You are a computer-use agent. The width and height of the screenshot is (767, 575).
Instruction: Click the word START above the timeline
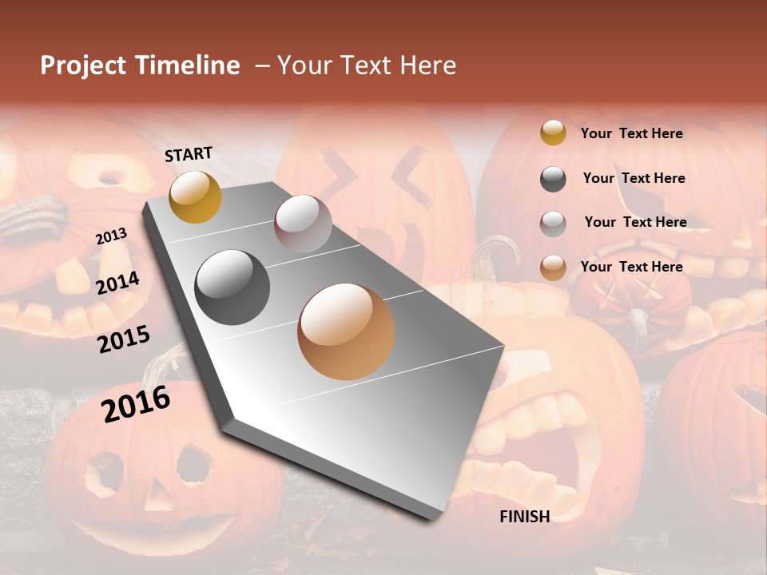click(x=189, y=154)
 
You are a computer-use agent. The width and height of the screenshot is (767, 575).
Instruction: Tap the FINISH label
click(x=524, y=517)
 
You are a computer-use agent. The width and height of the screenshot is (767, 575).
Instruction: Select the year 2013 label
click(x=111, y=236)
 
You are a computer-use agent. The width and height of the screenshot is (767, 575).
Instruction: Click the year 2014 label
click(x=117, y=284)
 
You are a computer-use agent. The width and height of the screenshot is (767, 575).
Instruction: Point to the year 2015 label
click(x=124, y=339)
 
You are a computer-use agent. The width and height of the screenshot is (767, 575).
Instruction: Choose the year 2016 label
click(x=136, y=403)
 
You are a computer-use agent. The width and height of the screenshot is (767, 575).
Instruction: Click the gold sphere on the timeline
click(x=195, y=196)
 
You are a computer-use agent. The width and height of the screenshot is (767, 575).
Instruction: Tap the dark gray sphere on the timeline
click(x=232, y=287)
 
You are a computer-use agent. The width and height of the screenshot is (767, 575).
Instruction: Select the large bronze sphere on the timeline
click(x=346, y=331)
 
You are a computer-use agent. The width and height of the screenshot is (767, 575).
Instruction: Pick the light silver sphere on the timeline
click(x=303, y=223)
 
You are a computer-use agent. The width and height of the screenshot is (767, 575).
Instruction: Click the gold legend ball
click(x=553, y=133)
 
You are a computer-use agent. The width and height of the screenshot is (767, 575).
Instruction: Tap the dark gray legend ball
click(x=553, y=179)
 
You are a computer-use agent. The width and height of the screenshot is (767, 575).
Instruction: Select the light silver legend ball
click(x=553, y=223)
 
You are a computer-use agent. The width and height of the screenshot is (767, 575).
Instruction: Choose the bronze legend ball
click(x=553, y=268)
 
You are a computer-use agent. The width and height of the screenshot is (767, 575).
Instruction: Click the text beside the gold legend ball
click(x=631, y=133)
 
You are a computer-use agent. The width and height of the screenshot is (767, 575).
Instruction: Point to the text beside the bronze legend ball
click(x=631, y=267)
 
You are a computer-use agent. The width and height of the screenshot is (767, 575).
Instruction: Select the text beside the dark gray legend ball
click(x=634, y=178)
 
